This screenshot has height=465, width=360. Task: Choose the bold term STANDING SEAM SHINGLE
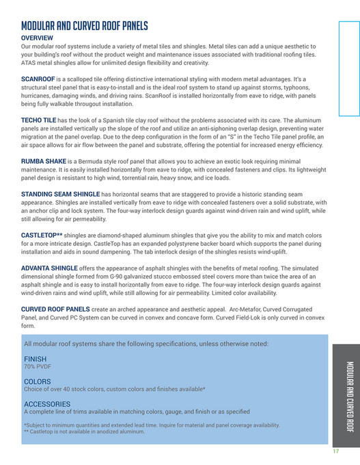coord(61,194)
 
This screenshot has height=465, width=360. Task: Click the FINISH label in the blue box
coord(35,358)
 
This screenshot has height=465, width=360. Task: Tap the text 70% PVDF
coord(38,366)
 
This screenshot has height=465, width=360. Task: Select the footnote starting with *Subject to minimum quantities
coord(152,425)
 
